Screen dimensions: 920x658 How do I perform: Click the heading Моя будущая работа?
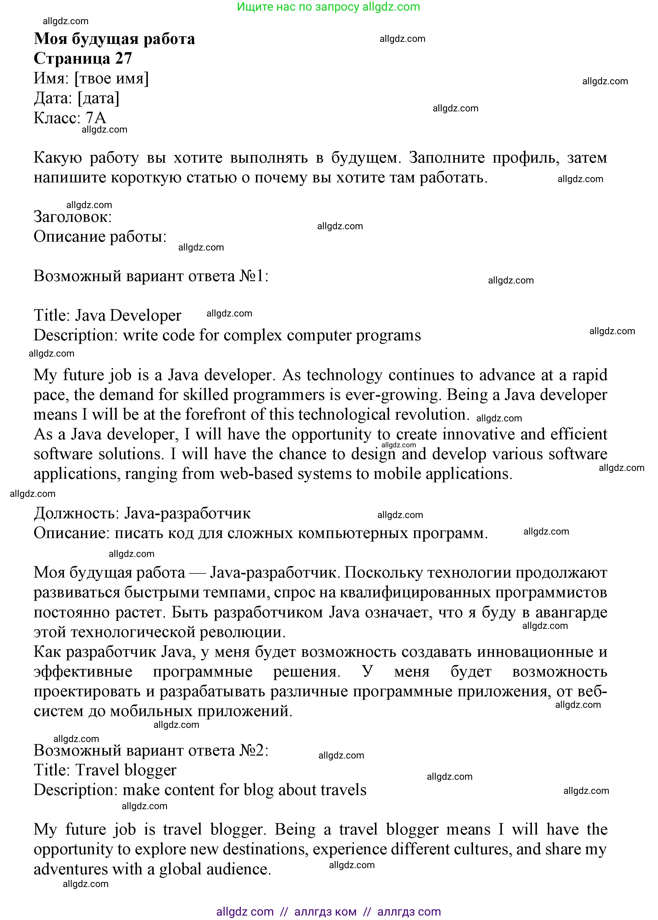point(114,39)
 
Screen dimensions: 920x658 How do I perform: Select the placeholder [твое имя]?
point(111,78)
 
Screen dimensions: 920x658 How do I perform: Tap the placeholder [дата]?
point(98,98)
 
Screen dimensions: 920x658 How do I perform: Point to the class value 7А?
point(96,118)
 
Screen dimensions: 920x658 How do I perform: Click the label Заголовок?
point(72,217)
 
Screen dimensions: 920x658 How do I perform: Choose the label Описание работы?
point(100,236)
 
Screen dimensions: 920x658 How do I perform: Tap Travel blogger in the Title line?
point(125,770)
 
